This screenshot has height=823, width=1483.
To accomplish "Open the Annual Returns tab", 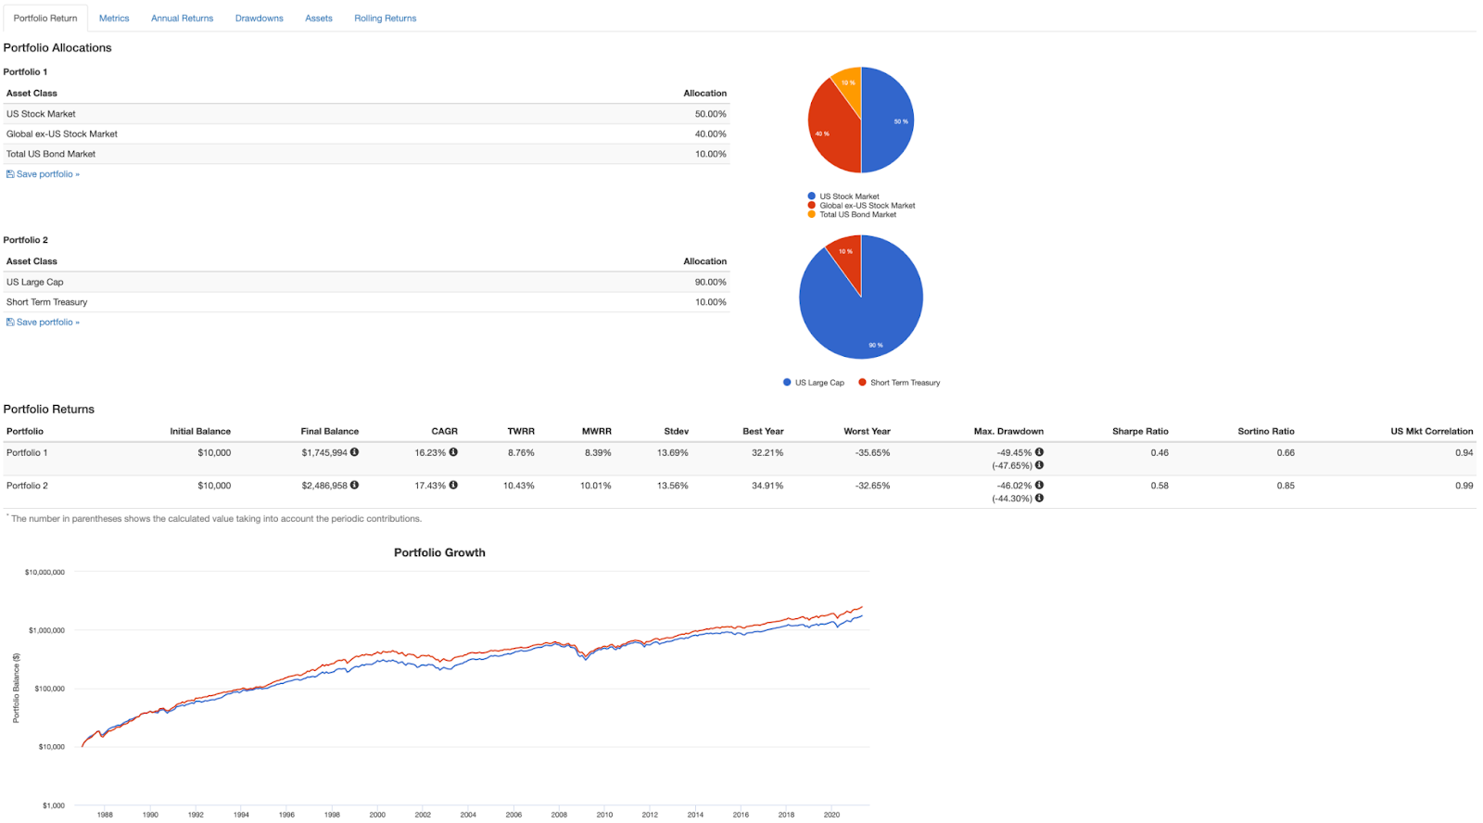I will tap(182, 19).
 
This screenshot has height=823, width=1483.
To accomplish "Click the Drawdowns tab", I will tap(259, 19).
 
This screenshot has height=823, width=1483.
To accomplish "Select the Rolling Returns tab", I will tap(385, 19).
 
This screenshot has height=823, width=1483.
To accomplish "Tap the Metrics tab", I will tap(114, 19).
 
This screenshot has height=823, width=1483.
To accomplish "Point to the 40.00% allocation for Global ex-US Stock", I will tap(710, 134).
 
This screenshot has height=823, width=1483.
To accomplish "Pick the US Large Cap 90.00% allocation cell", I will tap(710, 283).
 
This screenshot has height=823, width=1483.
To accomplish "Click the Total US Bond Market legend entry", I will tap(857, 215).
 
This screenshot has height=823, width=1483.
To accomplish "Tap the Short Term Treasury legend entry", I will tap(905, 383).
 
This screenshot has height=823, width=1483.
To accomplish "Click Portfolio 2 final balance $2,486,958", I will tap(324, 486).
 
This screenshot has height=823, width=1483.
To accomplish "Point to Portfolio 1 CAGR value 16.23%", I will tap(430, 453).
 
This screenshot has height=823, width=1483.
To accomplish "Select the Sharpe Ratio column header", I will tap(1140, 432).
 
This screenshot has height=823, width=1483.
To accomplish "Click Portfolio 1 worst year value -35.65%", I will tap(872, 453).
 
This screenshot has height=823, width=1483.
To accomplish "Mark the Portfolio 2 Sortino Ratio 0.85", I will tap(1285, 486).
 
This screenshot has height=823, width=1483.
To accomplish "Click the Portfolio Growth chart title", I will tap(439, 553).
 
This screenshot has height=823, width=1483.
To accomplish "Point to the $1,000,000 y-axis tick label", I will tap(46, 631).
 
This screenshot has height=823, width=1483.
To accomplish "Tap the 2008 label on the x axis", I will tap(559, 816).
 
